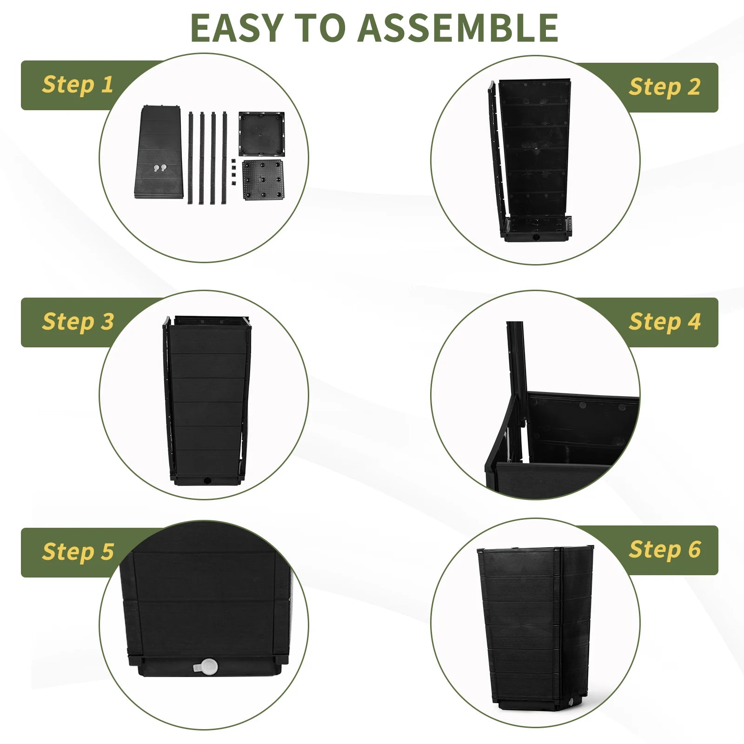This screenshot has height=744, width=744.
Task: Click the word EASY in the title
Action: tap(237, 28)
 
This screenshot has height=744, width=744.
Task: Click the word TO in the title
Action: tap(320, 28)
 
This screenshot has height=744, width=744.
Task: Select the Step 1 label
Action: tap(78, 85)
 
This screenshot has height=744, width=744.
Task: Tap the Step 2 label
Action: tap(665, 87)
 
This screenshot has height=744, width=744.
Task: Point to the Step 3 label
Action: tap(78, 322)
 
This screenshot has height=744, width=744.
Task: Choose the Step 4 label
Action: tap(665, 322)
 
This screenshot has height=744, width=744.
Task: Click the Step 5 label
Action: tap(78, 552)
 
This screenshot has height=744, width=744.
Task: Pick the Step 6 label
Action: tap(665, 550)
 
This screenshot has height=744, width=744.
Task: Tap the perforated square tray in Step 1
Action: tap(263, 179)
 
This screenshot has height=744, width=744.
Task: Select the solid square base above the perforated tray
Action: tap(261, 133)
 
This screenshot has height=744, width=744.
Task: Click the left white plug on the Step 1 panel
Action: tap(156, 168)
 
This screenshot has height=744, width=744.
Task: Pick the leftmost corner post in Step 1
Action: tap(191, 158)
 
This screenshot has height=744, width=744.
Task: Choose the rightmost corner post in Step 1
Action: tap(225, 158)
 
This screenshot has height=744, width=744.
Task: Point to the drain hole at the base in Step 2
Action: tap(536, 237)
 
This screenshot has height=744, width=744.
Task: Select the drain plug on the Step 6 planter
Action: tap(571, 702)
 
